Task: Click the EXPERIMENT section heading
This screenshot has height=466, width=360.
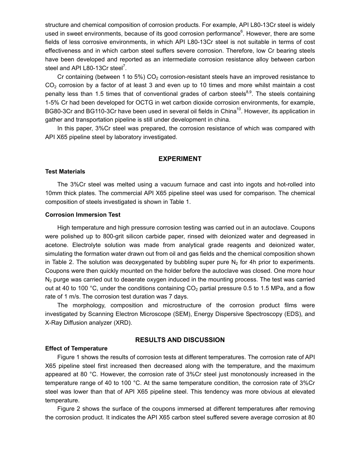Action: click(x=180, y=159)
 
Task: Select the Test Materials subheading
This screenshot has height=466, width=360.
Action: click(x=65, y=172)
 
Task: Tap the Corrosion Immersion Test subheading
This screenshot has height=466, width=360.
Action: click(x=83, y=215)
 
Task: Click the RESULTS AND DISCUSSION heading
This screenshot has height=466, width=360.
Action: click(x=180, y=340)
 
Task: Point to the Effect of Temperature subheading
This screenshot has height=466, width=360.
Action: click(x=76, y=349)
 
